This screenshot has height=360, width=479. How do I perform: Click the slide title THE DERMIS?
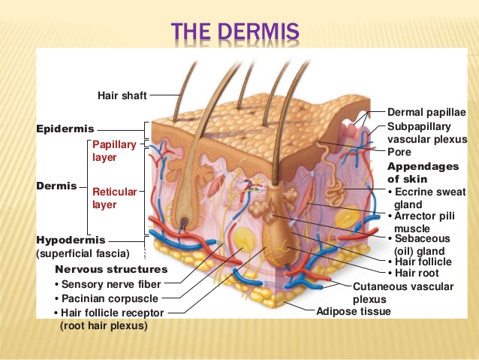click(x=235, y=32)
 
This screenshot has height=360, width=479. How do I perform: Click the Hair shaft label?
click(x=122, y=95)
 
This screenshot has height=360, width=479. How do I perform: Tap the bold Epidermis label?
click(x=65, y=129)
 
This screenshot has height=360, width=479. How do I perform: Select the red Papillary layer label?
click(x=114, y=151)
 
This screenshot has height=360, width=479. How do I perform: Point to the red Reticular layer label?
click(x=115, y=198)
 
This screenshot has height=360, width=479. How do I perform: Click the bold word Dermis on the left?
click(x=56, y=186)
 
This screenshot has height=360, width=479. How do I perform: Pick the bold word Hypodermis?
click(x=71, y=240)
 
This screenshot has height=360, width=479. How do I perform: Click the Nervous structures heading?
click(x=111, y=269)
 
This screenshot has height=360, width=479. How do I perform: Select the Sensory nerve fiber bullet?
click(x=108, y=284)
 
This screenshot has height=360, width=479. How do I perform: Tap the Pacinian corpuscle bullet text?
click(x=107, y=298)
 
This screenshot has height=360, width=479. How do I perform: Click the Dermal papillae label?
click(x=426, y=112)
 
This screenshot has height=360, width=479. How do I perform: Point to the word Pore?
click(x=399, y=152)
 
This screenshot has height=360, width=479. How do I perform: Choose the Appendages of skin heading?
click(x=423, y=173)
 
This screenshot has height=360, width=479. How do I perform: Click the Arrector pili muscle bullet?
click(x=422, y=222)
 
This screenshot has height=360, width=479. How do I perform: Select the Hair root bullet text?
click(x=414, y=273)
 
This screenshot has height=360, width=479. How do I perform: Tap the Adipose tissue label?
click(x=354, y=311)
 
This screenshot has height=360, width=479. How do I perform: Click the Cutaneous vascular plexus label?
click(x=403, y=292)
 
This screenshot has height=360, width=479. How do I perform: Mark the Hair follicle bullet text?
click(x=420, y=262)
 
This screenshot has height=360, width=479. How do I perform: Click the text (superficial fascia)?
click(x=83, y=253)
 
